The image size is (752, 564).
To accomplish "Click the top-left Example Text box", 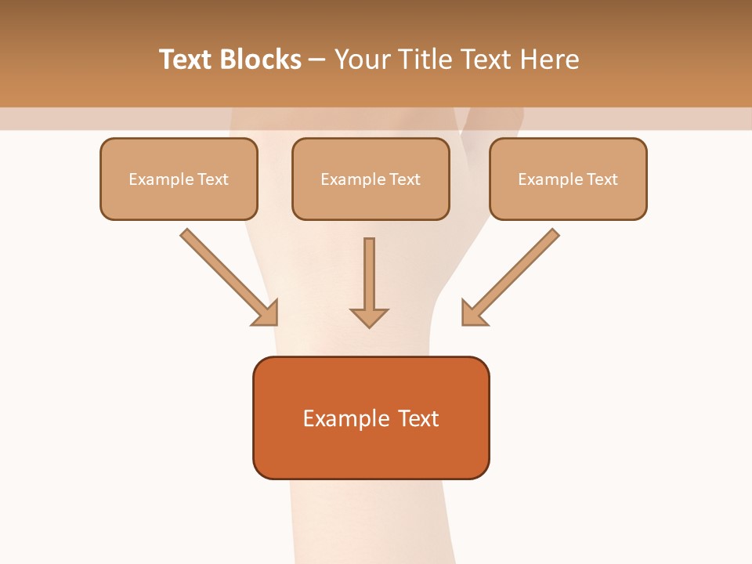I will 179,179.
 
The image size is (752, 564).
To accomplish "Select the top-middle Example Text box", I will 371,179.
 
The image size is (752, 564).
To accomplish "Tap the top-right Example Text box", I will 568,179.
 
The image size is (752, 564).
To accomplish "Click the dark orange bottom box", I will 371,418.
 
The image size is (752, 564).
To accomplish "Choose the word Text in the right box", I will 602,179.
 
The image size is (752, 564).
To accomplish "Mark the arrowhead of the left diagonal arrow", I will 266,313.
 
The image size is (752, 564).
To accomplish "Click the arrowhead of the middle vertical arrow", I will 369,317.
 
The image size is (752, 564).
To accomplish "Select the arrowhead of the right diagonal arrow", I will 472,313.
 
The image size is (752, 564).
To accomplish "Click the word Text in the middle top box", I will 405,179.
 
